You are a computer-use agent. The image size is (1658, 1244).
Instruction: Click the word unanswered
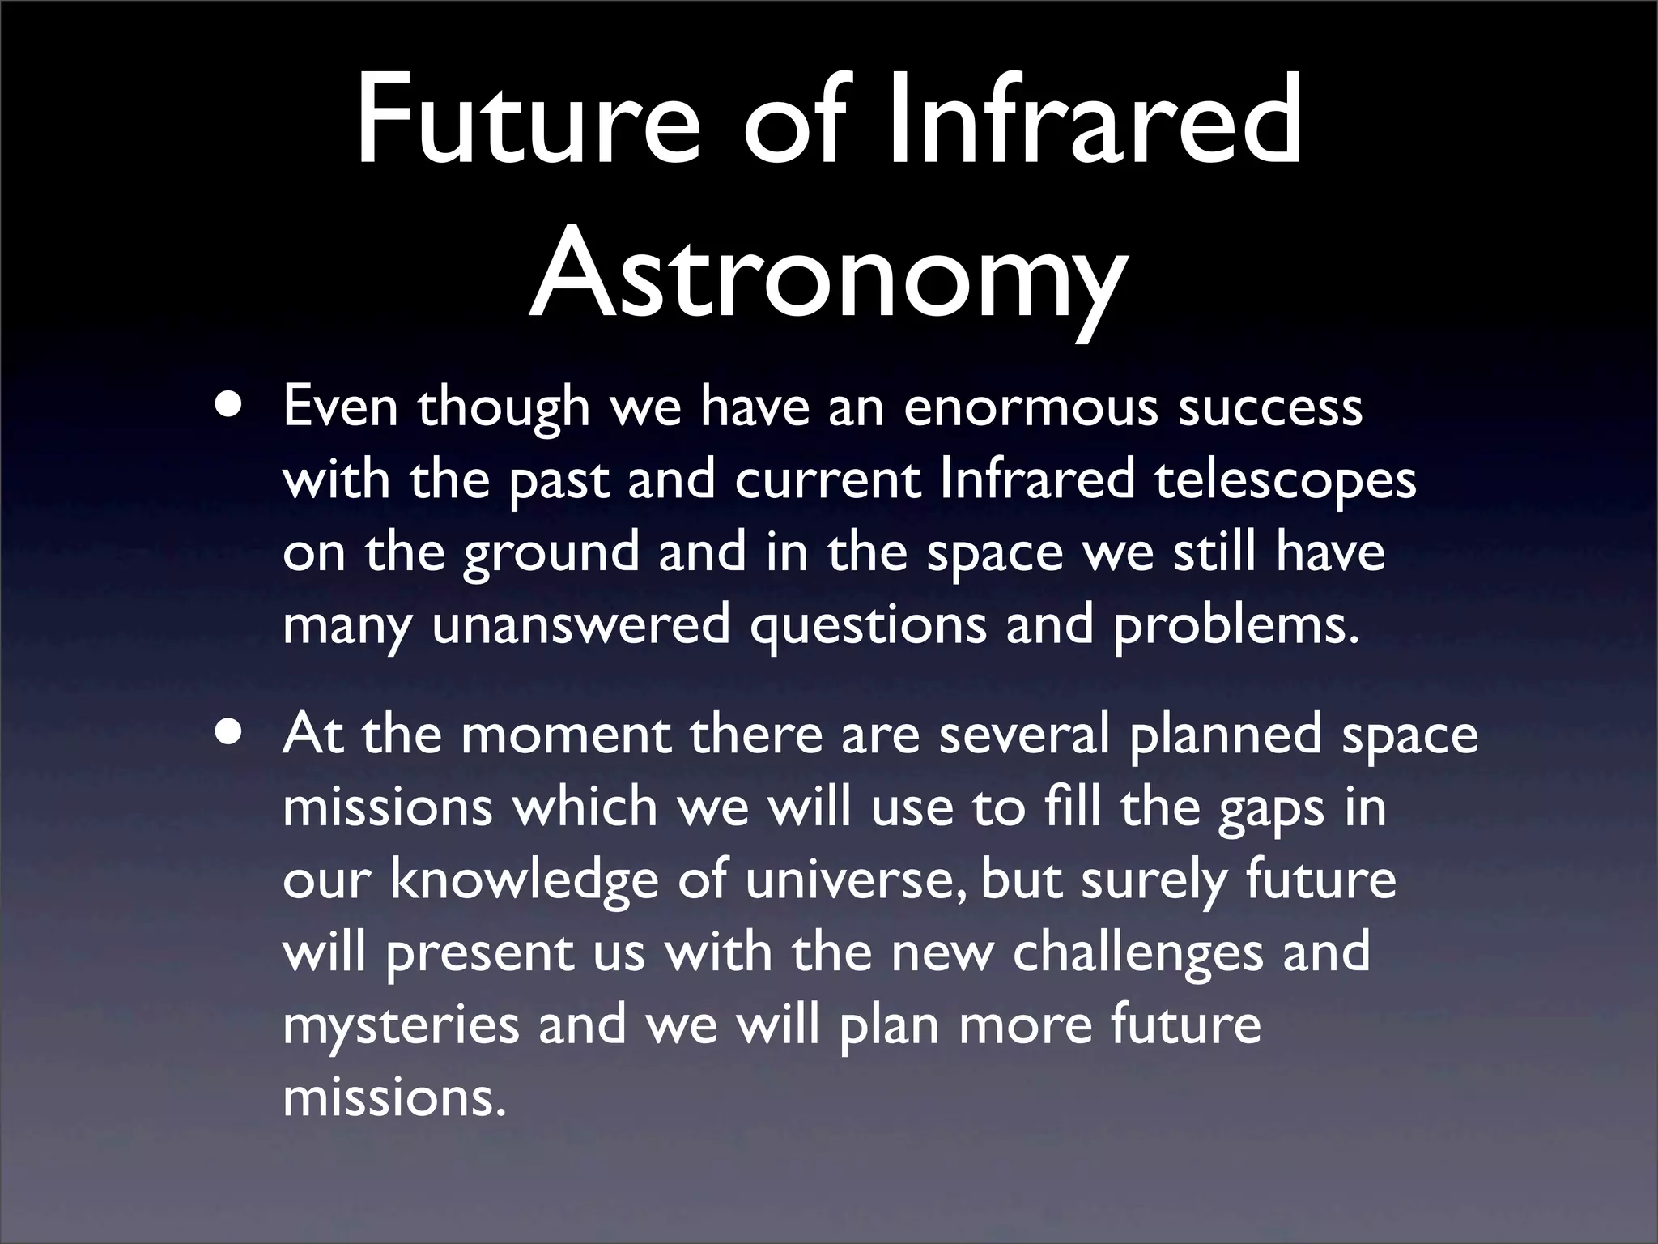coord(580,625)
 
